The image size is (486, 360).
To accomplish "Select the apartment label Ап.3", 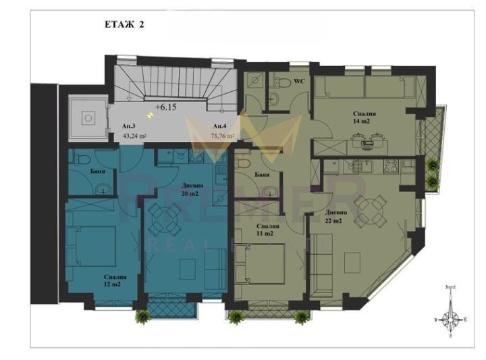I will point(128,126).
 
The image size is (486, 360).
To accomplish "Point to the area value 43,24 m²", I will point(135,135).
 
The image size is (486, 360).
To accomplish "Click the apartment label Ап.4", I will point(219,126).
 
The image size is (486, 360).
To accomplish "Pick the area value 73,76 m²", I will point(222,135).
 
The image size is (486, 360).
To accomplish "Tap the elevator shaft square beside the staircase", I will point(87,119).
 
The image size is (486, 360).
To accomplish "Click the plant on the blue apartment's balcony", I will point(142,315).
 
